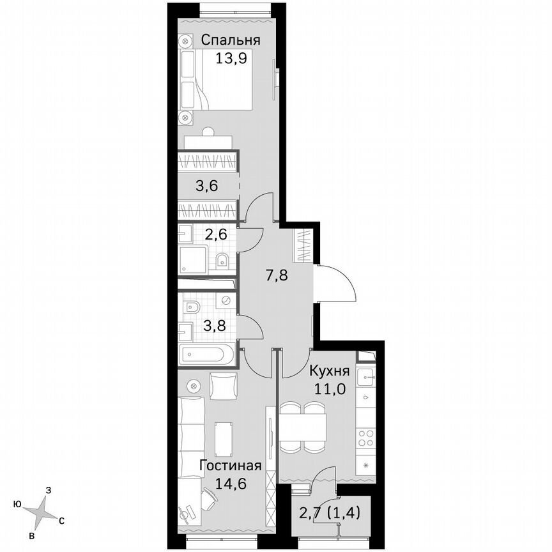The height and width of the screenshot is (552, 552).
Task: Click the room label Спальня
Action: (x=231, y=40)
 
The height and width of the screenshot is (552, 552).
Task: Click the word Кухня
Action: (x=329, y=371)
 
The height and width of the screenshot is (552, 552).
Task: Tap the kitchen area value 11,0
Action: (x=329, y=388)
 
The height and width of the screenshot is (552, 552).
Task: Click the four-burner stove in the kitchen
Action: (x=367, y=438)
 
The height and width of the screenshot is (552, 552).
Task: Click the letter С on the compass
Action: (x=61, y=520)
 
